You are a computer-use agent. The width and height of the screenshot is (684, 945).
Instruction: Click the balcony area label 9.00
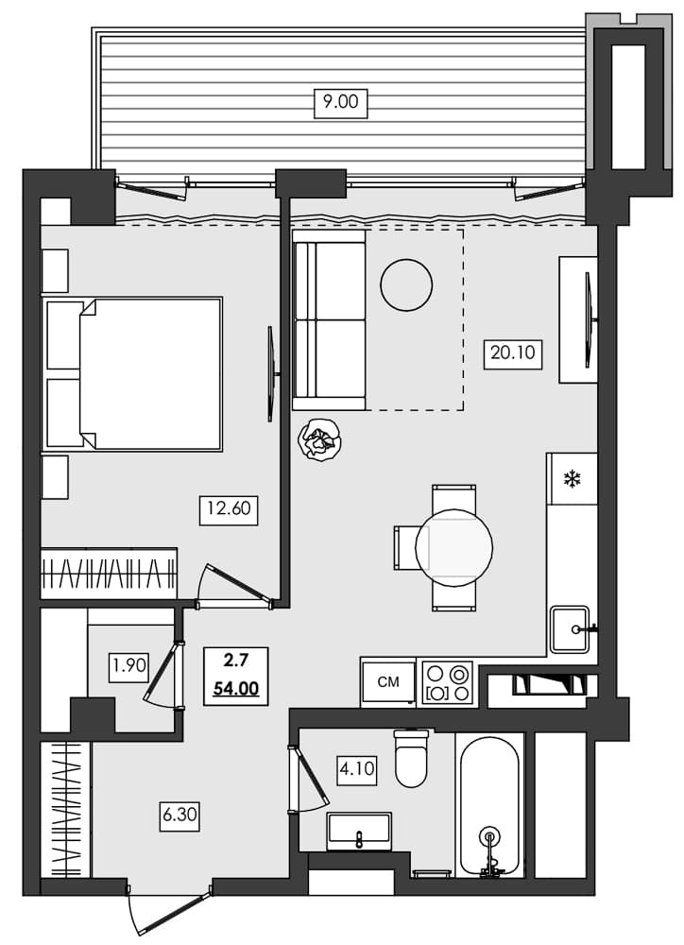[340, 102]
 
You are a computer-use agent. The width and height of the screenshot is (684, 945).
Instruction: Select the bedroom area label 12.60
[229, 510]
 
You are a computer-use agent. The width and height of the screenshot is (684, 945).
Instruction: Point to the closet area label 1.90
[129, 665]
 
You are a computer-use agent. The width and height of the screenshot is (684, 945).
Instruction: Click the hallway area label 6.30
[180, 814]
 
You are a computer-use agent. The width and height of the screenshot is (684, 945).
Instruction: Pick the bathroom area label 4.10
[356, 768]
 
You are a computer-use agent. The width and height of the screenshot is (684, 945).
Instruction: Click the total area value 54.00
[235, 688]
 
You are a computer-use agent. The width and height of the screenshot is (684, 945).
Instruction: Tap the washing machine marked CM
[387, 681]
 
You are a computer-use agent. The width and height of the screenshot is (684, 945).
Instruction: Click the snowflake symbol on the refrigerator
[572, 479]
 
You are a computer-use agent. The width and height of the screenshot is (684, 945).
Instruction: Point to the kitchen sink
[570, 628]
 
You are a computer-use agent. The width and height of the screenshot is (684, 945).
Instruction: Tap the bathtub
[489, 805]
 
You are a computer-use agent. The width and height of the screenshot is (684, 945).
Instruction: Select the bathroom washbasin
[359, 832]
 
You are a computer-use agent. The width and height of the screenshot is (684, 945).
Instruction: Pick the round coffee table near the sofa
[406, 283]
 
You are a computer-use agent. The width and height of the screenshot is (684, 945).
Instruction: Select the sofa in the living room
[329, 320]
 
